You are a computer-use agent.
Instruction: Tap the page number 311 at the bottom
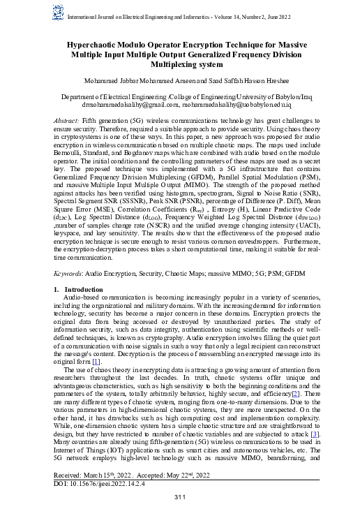coord(180,497)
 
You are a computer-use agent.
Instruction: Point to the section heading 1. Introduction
coord(79,288)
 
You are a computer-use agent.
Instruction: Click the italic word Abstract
coord(67,121)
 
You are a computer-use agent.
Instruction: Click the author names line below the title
coord(180,81)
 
